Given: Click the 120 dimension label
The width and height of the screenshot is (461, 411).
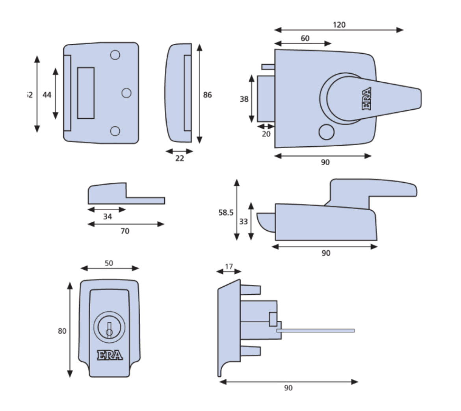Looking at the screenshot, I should (339, 25).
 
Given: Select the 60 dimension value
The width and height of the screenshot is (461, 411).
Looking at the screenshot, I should (305, 38).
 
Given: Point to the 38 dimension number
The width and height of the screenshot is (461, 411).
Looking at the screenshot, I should (244, 99).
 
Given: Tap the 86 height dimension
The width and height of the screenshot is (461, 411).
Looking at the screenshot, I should (207, 95).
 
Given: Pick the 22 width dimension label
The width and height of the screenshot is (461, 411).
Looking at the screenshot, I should (179, 159).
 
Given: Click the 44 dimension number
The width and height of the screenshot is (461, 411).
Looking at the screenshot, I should (47, 95).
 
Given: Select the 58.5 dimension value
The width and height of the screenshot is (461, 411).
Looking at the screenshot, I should (226, 213).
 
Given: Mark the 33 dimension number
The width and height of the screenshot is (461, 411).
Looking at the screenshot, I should (244, 222).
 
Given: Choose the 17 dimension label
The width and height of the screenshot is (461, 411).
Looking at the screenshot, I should (229, 267).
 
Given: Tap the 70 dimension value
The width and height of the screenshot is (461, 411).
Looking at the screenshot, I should (125, 231).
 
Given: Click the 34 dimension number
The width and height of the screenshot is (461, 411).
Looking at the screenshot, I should (107, 217).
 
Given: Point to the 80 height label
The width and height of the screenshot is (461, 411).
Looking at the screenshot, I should (62, 331).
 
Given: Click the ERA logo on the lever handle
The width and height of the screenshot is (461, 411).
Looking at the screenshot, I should (366, 98).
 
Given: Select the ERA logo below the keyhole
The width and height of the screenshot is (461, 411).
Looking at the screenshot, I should (110, 355).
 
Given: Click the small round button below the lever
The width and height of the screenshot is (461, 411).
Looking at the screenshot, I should (325, 132).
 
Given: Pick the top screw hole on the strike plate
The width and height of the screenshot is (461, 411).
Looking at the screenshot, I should (115, 55).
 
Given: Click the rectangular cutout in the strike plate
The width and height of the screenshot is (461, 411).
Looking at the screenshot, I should (86, 93).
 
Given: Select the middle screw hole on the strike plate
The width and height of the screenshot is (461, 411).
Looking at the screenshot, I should (126, 93).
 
